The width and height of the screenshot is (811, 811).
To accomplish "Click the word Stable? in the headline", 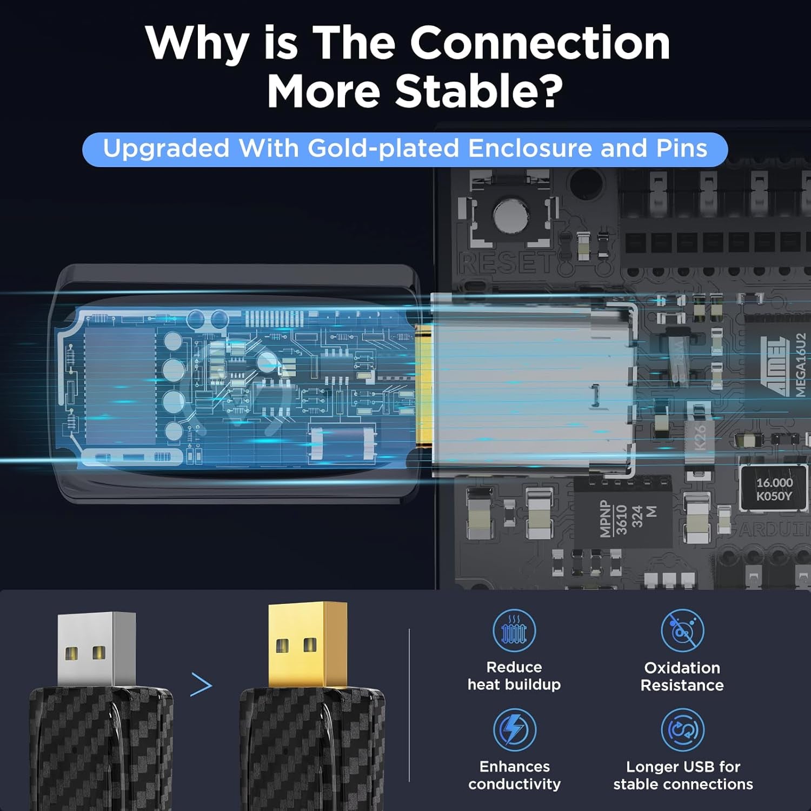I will (479, 90).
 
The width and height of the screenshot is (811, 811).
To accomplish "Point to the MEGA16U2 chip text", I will (801, 364).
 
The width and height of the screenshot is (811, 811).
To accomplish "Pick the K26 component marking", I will (700, 437).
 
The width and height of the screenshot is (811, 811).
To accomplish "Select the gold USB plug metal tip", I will (308, 643).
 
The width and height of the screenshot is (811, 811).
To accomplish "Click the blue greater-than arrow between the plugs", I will (201, 685).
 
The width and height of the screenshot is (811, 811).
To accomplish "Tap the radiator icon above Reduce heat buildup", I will (514, 630).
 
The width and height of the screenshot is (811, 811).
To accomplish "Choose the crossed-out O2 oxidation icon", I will (682, 630).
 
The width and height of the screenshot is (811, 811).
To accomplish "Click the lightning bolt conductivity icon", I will (514, 729).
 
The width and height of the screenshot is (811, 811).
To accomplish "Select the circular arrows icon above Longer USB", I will (683, 730).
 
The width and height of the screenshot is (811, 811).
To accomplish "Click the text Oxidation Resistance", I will (682, 676).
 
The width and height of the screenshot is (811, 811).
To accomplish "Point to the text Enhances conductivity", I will (514, 775).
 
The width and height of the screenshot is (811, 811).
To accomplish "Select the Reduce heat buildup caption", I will (514, 676).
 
